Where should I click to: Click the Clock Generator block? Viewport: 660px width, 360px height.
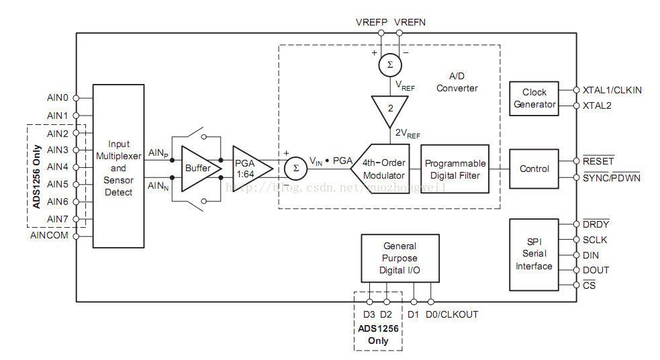tap(534, 98)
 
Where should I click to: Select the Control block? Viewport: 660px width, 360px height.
tap(534, 169)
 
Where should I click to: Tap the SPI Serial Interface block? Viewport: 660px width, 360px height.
tap(534, 254)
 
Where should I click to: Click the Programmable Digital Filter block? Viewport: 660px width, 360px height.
tap(455, 169)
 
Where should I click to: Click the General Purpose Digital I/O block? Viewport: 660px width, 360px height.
tap(399, 258)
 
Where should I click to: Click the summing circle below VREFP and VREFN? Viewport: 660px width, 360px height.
tap(389, 64)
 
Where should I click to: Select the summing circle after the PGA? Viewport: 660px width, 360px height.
tap(295, 168)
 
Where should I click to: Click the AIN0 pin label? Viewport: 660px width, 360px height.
tap(58, 97)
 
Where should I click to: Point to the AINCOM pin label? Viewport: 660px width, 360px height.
tap(49, 236)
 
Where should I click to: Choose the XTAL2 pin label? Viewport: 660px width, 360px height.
tap(597, 105)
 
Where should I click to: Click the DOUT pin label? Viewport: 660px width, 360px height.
tap(596, 270)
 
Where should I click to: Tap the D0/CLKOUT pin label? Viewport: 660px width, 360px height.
tap(452, 314)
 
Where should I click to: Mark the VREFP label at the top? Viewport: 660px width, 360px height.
tap(371, 22)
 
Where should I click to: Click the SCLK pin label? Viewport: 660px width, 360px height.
tap(596, 240)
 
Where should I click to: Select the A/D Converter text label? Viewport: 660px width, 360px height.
tap(457, 82)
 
